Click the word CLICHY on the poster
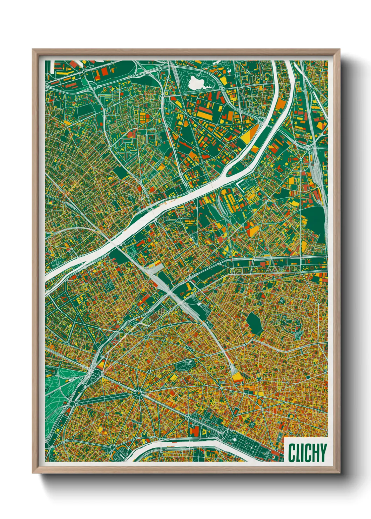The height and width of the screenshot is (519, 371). pos(307,453)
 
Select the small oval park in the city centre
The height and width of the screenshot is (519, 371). pos(186,365)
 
